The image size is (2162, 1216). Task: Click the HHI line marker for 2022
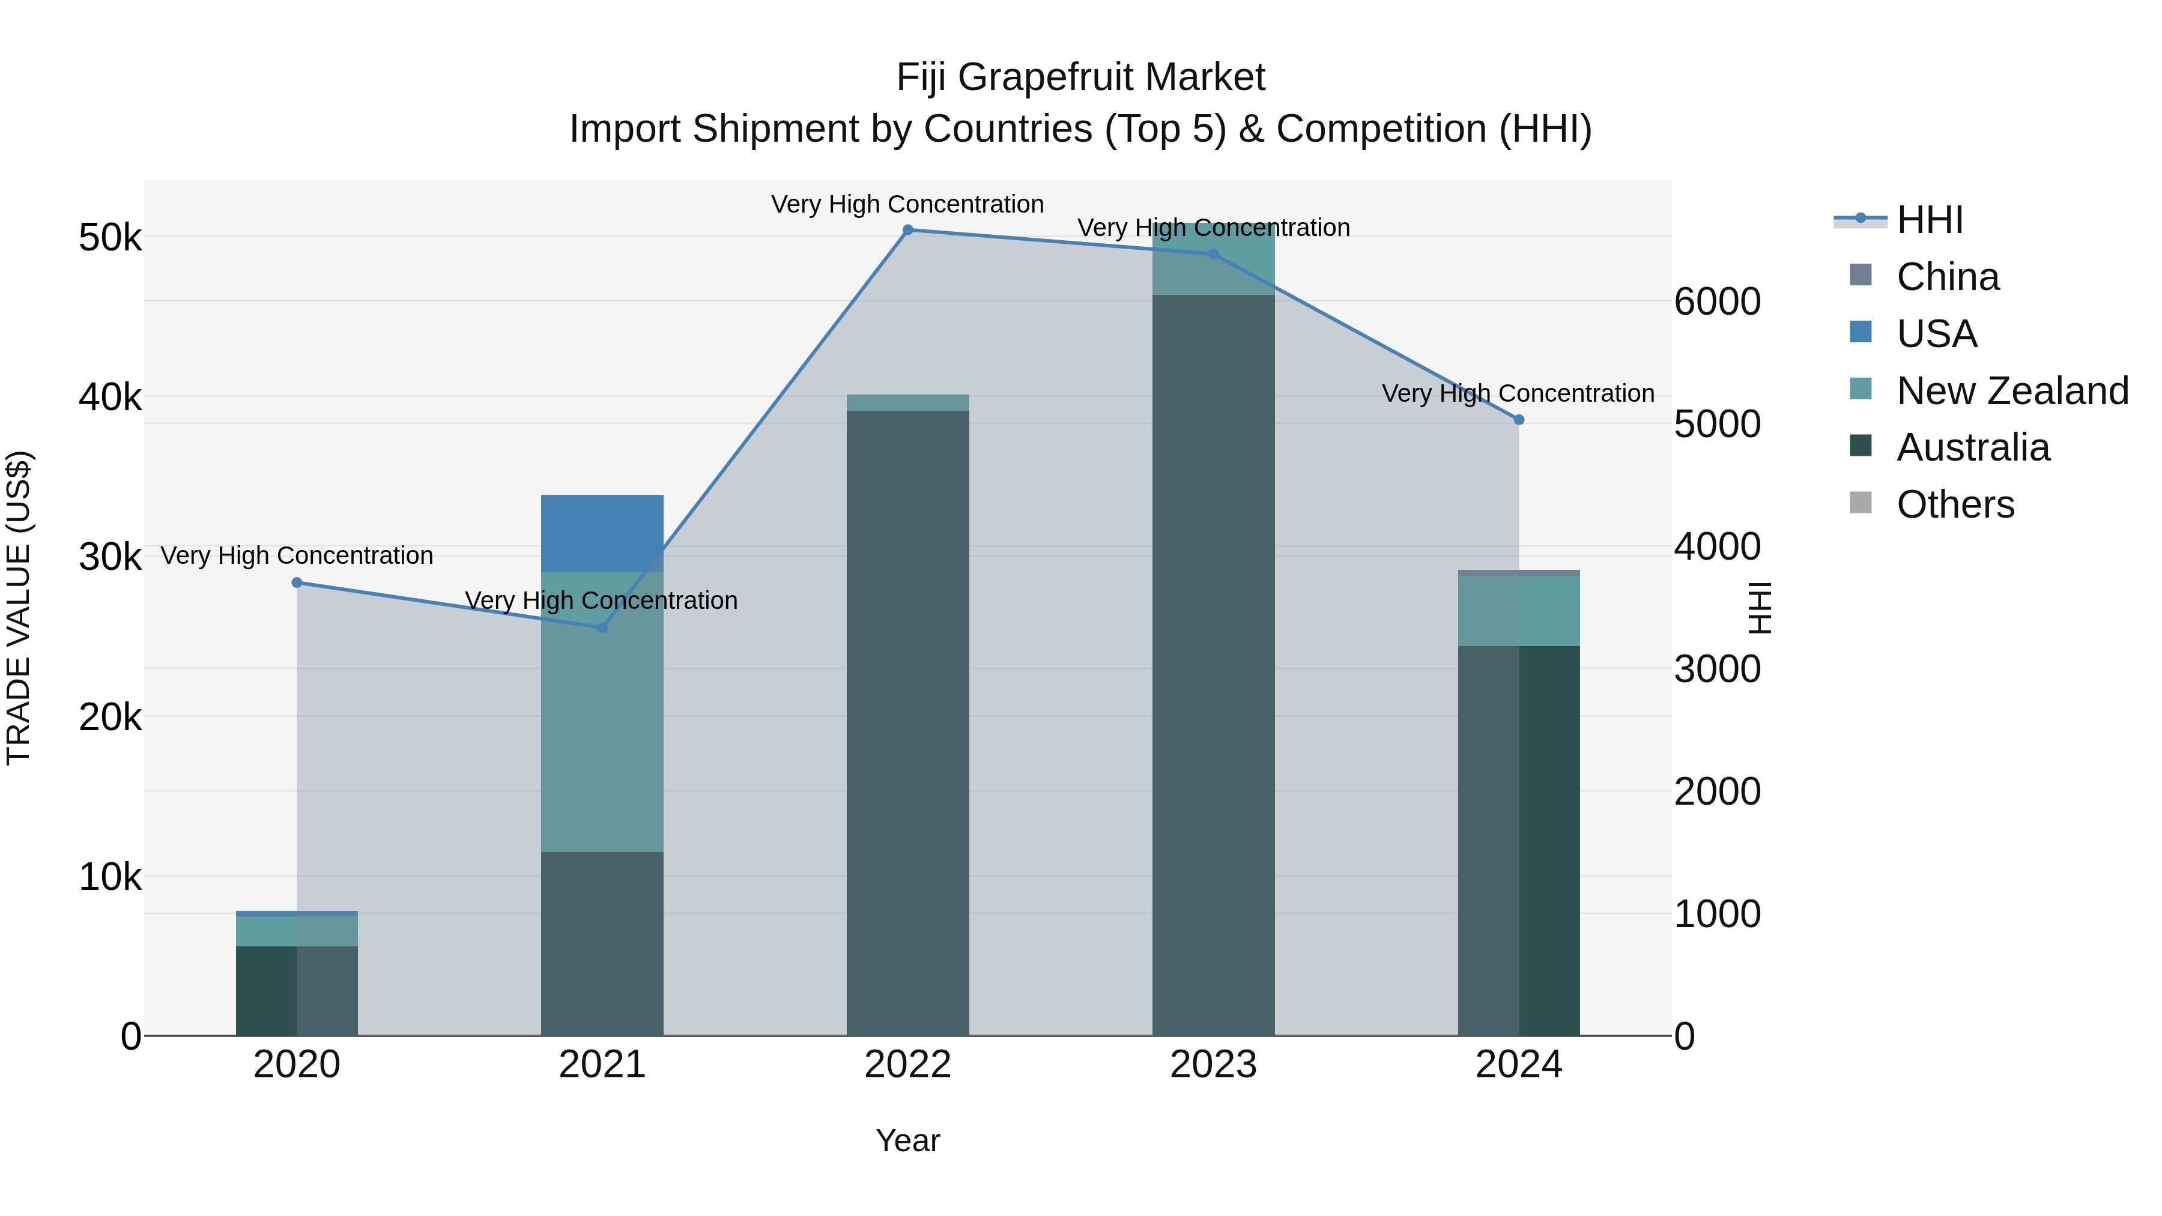pyautogui.click(x=907, y=230)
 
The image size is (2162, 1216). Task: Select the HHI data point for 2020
pyautogui.click(x=297, y=582)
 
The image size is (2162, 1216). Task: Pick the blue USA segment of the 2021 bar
pyautogui.click(x=602, y=534)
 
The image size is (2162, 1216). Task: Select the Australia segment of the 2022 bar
pyautogui.click(x=907, y=722)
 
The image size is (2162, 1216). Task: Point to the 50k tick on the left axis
pyautogui.click(x=110, y=237)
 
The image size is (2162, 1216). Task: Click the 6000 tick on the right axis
pyautogui.click(x=1717, y=301)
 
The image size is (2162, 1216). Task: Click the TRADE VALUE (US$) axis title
pyautogui.click(x=19, y=608)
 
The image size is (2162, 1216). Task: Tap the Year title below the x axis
pyautogui.click(x=907, y=1140)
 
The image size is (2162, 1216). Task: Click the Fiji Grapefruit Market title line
pyautogui.click(x=1080, y=77)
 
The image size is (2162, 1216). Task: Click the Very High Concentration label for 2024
pyautogui.click(x=1518, y=393)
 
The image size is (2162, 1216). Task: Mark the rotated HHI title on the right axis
pyautogui.click(x=1759, y=608)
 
